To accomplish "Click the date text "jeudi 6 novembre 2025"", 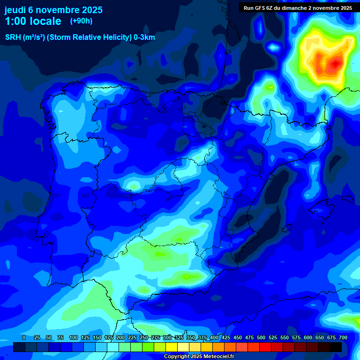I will click(53, 10).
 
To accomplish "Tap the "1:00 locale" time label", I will click(33, 21).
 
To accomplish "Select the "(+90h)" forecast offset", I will click(81, 21).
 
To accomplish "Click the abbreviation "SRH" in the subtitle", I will click(13, 37).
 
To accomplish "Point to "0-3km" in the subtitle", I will click(144, 37).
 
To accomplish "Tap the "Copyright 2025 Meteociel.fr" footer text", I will click(199, 357).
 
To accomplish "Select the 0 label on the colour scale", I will click(24, 337).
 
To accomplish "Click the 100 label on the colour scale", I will click(73, 337).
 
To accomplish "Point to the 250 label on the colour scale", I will click(144, 337).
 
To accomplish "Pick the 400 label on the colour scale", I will click(214, 337).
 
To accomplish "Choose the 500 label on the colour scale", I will click(261, 337).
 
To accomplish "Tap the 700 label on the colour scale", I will click(343, 337).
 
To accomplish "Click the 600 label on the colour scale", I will click(308, 337).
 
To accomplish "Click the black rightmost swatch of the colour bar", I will click(336, 347).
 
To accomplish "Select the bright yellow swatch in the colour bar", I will click(172, 347).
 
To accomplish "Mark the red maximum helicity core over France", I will click(335, 63).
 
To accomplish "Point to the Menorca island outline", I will click(347, 199).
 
